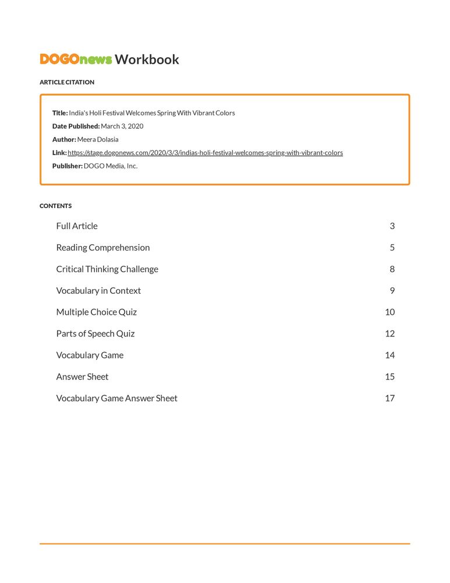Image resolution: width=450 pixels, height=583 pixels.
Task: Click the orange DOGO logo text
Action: click(x=59, y=59)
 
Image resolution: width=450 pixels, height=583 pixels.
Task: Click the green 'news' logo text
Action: click(x=95, y=59)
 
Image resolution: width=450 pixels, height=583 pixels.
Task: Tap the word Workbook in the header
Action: click(x=147, y=59)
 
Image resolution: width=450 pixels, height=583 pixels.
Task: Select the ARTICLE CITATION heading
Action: click(x=67, y=82)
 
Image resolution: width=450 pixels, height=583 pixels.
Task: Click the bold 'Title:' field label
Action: click(x=60, y=113)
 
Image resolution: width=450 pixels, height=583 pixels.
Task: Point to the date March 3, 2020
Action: click(x=122, y=126)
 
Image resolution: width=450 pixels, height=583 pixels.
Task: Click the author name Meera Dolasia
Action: click(x=98, y=139)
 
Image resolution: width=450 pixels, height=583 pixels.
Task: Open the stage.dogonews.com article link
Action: click(x=205, y=153)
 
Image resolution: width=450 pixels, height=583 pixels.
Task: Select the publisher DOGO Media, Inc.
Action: click(x=111, y=166)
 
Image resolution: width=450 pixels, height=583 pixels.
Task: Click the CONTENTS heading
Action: click(x=56, y=206)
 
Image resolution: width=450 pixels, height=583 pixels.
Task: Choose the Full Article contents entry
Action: click(x=77, y=226)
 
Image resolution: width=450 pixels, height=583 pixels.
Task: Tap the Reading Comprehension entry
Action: click(x=103, y=248)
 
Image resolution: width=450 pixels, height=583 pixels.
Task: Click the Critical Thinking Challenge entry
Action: click(x=107, y=269)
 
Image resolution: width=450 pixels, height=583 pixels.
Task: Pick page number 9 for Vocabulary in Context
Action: click(x=392, y=291)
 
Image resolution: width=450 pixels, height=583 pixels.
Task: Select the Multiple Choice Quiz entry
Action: click(x=97, y=312)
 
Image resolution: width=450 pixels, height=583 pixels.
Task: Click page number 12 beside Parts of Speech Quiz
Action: click(x=390, y=334)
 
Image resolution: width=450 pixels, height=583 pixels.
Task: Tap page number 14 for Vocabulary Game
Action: click(x=390, y=356)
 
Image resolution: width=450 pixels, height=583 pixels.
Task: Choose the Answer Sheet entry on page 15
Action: click(x=82, y=377)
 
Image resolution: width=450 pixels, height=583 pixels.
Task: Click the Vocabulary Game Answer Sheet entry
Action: click(x=117, y=399)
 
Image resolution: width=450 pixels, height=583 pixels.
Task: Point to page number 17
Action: click(x=390, y=399)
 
